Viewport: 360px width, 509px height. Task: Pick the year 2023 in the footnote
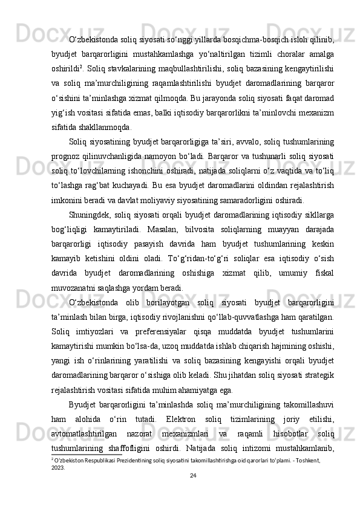[58, 467]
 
